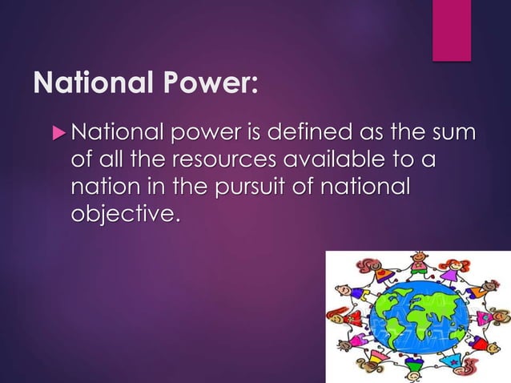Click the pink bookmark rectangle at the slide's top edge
[452, 29]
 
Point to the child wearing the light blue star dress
[453, 360]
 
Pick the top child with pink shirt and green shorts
[419, 264]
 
